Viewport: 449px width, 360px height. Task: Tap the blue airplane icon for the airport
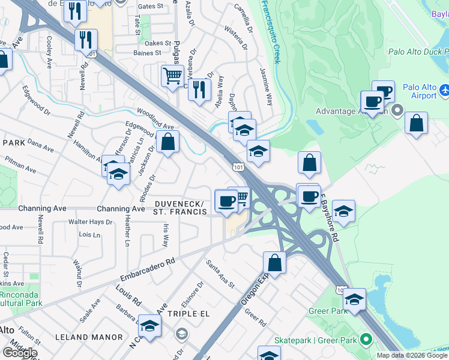(x=445, y=90)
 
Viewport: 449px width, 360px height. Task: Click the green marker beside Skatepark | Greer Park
(x=364, y=340)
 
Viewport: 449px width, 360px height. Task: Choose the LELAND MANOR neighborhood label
(x=89, y=338)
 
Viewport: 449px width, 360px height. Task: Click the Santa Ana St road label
(x=219, y=273)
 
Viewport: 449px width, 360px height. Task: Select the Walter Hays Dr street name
(x=90, y=222)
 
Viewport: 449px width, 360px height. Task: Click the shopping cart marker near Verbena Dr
(x=172, y=76)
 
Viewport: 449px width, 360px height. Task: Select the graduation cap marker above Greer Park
(x=355, y=299)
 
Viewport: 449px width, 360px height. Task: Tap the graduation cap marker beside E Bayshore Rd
(x=343, y=211)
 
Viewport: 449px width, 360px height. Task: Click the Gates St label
(x=150, y=6)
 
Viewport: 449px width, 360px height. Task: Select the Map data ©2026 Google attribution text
(x=412, y=355)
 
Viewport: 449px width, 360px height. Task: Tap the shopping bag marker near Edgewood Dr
(x=169, y=142)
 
